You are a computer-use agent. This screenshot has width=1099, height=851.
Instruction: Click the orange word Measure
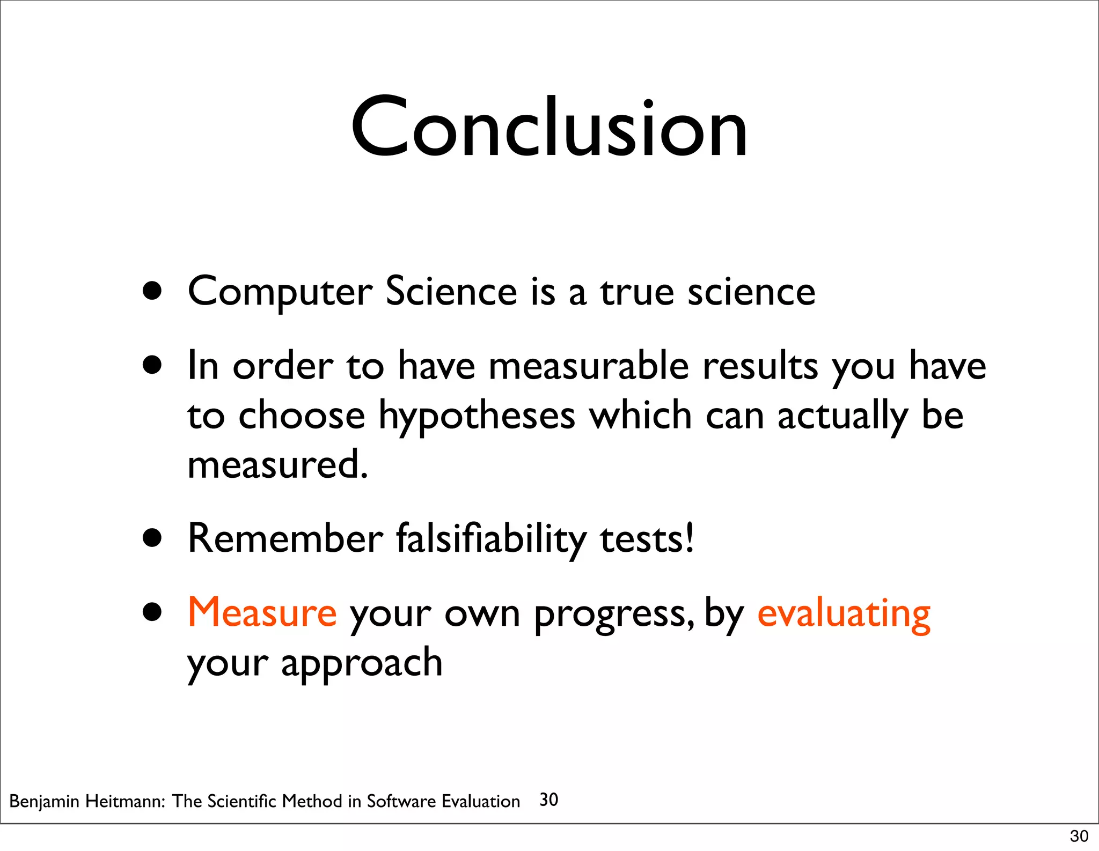coord(262,612)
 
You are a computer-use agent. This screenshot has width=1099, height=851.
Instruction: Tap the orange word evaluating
coord(844,614)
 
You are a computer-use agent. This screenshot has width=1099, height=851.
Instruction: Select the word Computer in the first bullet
coord(280,292)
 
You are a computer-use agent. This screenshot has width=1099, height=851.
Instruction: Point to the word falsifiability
coord(491,539)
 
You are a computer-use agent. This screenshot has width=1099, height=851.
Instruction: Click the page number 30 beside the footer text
coord(548,800)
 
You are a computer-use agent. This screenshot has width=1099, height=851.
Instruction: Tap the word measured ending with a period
coord(277,464)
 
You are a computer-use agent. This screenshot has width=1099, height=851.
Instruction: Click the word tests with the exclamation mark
coord(647,539)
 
